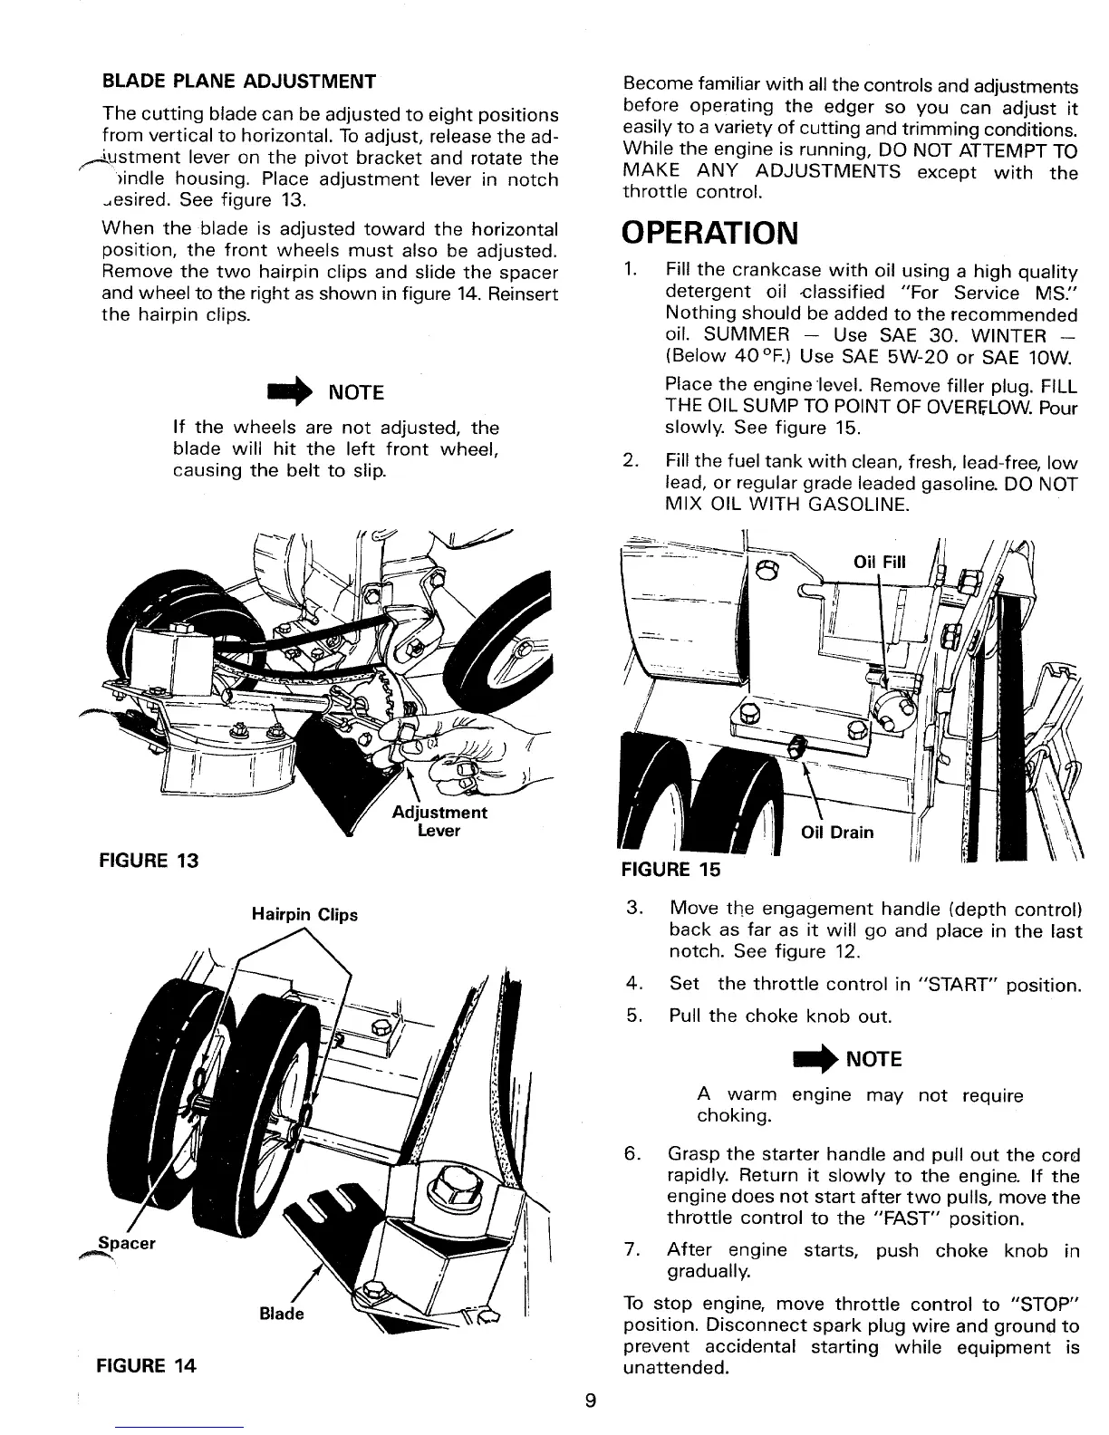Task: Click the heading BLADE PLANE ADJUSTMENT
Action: click(239, 82)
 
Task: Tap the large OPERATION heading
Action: click(711, 233)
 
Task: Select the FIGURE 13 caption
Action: click(149, 859)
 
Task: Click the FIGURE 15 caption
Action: click(671, 870)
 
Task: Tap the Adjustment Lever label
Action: click(439, 821)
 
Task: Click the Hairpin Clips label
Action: click(304, 914)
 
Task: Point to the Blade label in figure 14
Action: click(282, 1314)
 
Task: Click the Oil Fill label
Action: click(880, 563)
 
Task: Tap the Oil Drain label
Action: click(838, 833)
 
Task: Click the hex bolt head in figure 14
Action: click(449, 1184)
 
